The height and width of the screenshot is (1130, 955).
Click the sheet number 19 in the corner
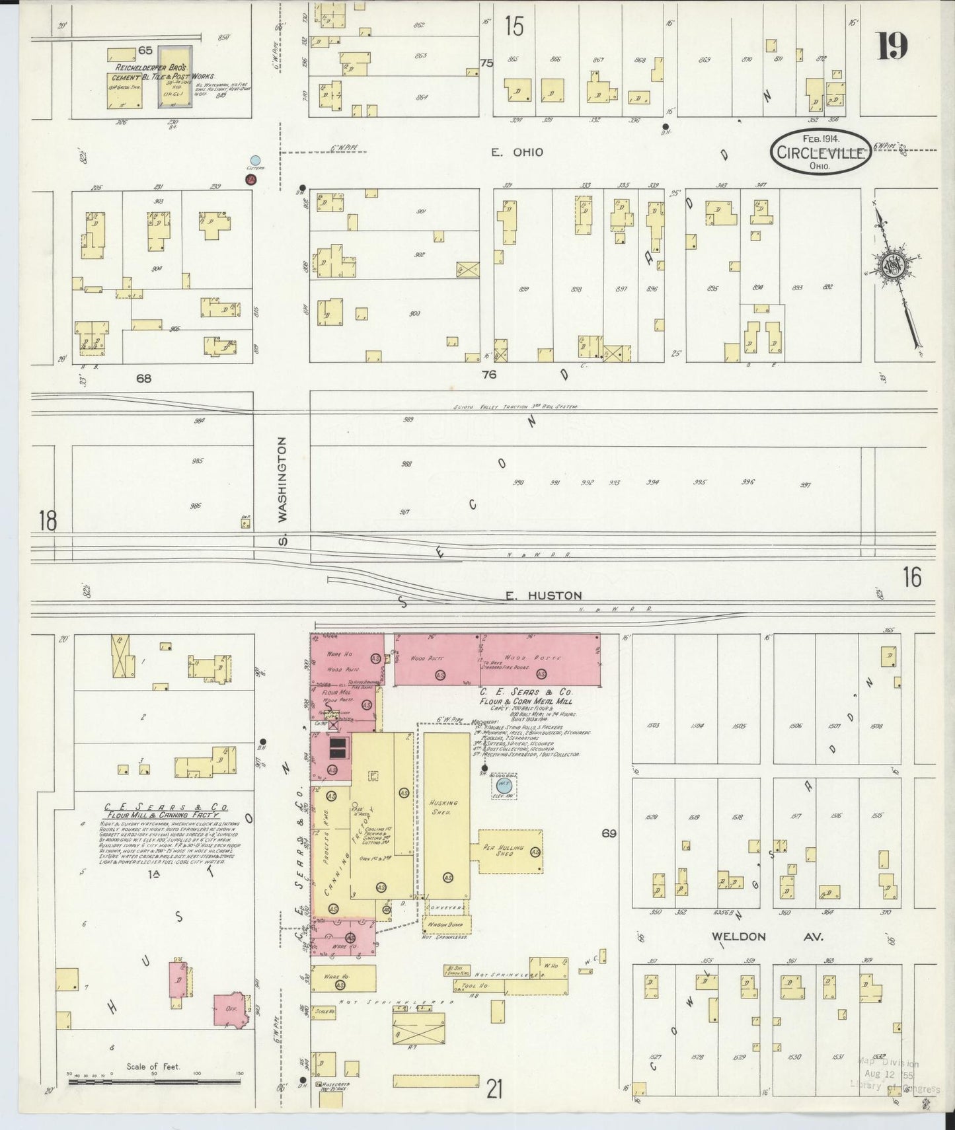click(892, 46)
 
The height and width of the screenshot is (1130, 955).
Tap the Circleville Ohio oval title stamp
click(820, 152)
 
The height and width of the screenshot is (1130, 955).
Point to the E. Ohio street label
click(517, 153)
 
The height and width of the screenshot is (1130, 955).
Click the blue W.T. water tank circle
click(503, 786)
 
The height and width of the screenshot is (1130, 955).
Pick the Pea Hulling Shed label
click(499, 850)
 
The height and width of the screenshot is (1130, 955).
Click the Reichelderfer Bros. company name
click(152, 68)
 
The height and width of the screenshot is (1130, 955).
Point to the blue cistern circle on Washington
click(255, 161)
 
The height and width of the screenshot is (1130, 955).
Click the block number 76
click(488, 375)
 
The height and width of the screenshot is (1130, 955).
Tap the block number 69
click(609, 834)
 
